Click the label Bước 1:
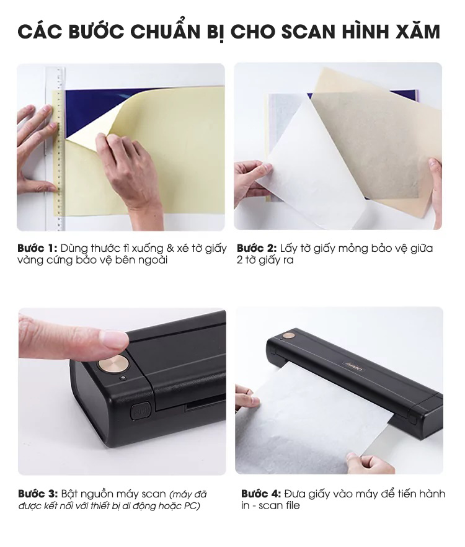[37, 248]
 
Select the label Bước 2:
[257, 248]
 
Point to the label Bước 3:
[38, 494]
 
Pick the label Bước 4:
[261, 494]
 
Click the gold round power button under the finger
[113, 363]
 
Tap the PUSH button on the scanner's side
[140, 411]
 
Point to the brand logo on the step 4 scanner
[355, 367]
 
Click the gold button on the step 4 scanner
[288, 337]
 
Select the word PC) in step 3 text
[192, 506]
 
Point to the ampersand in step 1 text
[170, 248]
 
